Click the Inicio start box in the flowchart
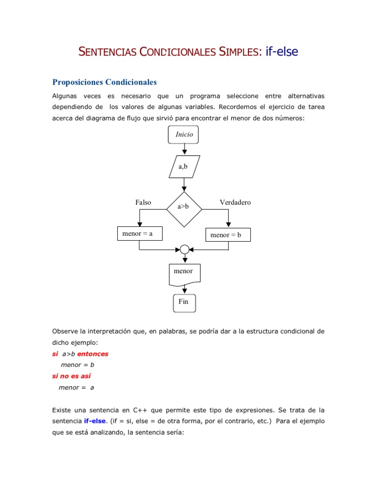coord(184,135)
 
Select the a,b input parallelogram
coord(184,167)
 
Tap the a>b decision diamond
coord(184,207)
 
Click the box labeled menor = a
coord(139,234)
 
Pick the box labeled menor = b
coord(227,235)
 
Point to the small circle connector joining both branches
coord(184,250)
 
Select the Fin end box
coord(184,302)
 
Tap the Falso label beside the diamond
coord(143,202)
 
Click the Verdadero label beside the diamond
coord(235,202)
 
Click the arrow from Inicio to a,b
coord(184,149)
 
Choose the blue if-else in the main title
coord(282,51)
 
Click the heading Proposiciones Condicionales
coord(105,82)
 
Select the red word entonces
coord(93,354)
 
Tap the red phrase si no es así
coord(71,376)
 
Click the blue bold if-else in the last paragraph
coord(94,421)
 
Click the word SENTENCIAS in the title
coord(107,52)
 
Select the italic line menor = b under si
coord(77,365)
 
